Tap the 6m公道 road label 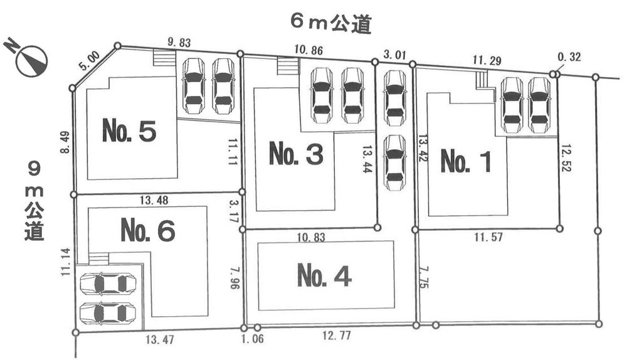point(331,24)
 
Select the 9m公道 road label point(34,201)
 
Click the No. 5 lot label point(129,131)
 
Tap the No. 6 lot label point(147,231)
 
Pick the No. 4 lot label point(324,276)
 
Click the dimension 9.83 point(179,43)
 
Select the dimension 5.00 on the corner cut point(90,61)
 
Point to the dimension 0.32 point(569,57)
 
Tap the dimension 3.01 point(394,55)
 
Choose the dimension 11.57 point(490,238)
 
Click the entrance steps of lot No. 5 point(166,58)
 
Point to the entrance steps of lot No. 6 point(98,258)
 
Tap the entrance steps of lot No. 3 point(288,66)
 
